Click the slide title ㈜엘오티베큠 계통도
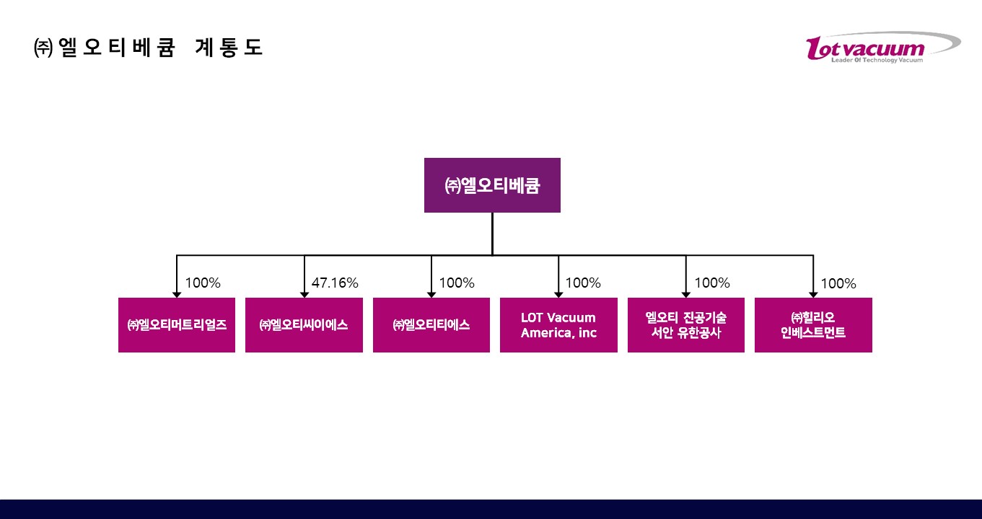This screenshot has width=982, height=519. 148,48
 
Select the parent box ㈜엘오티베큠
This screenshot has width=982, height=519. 492,185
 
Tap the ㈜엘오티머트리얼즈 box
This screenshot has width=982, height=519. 177,325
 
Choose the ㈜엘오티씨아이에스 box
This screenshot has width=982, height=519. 304,325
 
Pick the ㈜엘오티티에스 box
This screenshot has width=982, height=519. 431,325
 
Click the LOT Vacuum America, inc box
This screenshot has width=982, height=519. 558,325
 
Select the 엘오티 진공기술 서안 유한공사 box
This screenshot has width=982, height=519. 686,325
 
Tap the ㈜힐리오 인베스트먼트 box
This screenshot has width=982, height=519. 813,325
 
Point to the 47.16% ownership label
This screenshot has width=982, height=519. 335,283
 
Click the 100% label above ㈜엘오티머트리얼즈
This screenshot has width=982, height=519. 203,283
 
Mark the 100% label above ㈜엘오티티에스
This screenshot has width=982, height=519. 457,283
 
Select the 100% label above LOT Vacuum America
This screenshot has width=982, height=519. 583,283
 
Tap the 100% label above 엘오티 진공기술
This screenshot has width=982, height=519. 712,283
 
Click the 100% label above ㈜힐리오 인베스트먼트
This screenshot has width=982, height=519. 838,284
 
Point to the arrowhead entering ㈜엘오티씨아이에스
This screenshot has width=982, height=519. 304,294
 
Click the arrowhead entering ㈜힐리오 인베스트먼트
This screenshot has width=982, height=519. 813,294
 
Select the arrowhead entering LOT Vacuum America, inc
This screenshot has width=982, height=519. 558,294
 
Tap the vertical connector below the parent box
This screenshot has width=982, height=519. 492,234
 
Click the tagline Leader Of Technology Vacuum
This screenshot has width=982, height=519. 877,61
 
